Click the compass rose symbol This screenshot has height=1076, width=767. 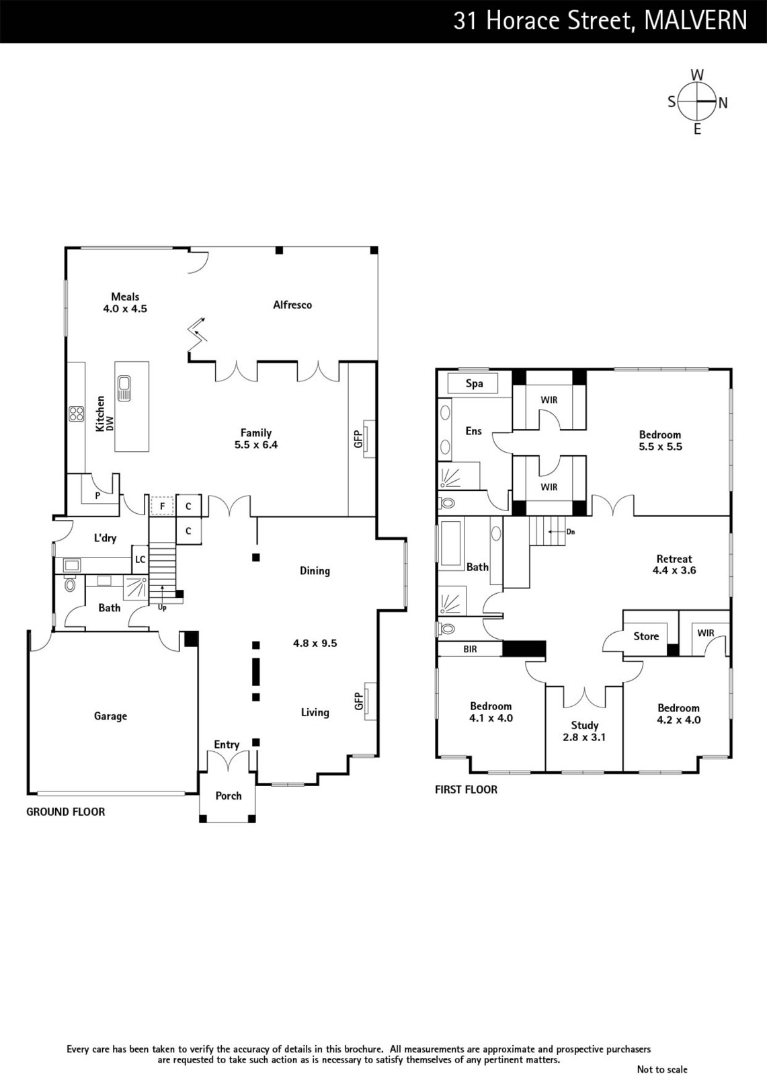pos(697,102)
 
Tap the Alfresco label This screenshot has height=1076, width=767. pos(292,305)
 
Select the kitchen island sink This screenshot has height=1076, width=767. pos(124,388)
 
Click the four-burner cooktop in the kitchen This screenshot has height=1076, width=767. pos(77,414)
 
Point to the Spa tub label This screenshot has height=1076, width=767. pos(474,383)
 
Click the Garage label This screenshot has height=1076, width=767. pos(110,716)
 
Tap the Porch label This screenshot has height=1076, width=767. pos(228,796)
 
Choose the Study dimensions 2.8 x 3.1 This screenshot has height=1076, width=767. pos(584,737)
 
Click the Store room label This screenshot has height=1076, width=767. pos(646,636)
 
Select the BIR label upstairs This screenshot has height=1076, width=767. pos(470,650)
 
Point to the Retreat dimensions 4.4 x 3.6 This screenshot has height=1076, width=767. pos(674,570)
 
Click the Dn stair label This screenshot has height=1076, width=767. pos(571,532)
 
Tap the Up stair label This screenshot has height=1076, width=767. pos(162,608)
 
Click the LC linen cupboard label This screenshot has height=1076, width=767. pos(140,560)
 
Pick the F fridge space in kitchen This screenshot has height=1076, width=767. pos(162,506)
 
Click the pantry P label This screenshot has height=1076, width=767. pos(97,496)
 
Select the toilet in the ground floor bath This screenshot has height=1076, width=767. pos(70,584)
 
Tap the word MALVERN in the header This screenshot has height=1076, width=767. pos(696,21)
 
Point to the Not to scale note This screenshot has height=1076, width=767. pos(662,1069)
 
